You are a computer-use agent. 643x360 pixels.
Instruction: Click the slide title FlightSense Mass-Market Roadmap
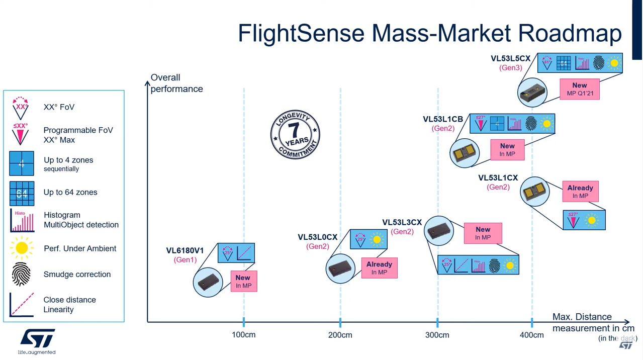click(x=430, y=33)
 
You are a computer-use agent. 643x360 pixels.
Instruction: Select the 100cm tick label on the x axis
click(x=243, y=335)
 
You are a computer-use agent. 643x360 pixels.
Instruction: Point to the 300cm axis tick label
click(x=437, y=335)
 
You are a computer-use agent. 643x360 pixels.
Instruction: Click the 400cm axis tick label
click(x=531, y=335)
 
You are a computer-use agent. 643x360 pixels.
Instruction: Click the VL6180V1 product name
click(x=185, y=250)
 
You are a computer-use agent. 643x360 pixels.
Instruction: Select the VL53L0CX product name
click(x=317, y=237)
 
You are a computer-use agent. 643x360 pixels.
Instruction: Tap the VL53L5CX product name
click(x=510, y=58)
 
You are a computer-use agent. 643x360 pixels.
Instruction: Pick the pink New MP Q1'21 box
click(x=579, y=89)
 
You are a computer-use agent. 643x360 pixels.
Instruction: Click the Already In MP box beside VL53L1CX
click(x=580, y=192)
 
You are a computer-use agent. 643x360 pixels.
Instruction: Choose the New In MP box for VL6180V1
click(x=243, y=281)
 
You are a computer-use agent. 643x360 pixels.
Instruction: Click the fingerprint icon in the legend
click(x=22, y=275)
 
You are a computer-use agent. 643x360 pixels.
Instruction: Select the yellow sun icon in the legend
click(x=22, y=248)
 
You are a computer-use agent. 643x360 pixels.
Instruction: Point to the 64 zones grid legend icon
click(x=22, y=193)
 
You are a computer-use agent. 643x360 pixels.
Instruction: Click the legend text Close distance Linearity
click(x=69, y=305)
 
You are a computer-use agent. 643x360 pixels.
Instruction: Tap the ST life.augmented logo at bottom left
click(x=37, y=341)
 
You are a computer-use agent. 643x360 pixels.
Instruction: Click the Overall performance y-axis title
click(x=176, y=83)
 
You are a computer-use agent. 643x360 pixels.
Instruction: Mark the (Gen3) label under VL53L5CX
click(x=510, y=68)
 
